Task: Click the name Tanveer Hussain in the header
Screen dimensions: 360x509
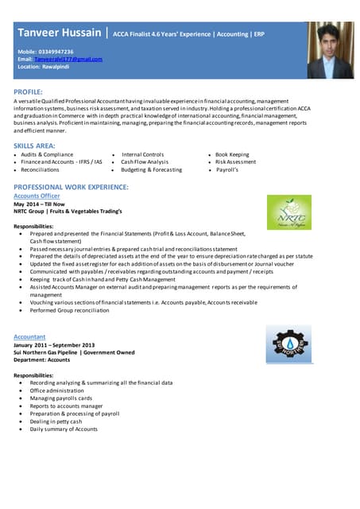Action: tap(60, 33)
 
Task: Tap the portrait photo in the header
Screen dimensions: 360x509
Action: tap(330, 51)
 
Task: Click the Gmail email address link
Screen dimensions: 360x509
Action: tap(68, 60)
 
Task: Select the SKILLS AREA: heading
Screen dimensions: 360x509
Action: tap(35, 146)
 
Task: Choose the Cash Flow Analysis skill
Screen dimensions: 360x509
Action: tap(145, 161)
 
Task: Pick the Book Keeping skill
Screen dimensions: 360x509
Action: tap(232, 154)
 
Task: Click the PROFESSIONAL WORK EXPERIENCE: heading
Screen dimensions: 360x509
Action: tap(71, 186)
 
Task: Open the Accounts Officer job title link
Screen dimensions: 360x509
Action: tap(37, 195)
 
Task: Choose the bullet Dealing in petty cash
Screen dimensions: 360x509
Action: tap(56, 421)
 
